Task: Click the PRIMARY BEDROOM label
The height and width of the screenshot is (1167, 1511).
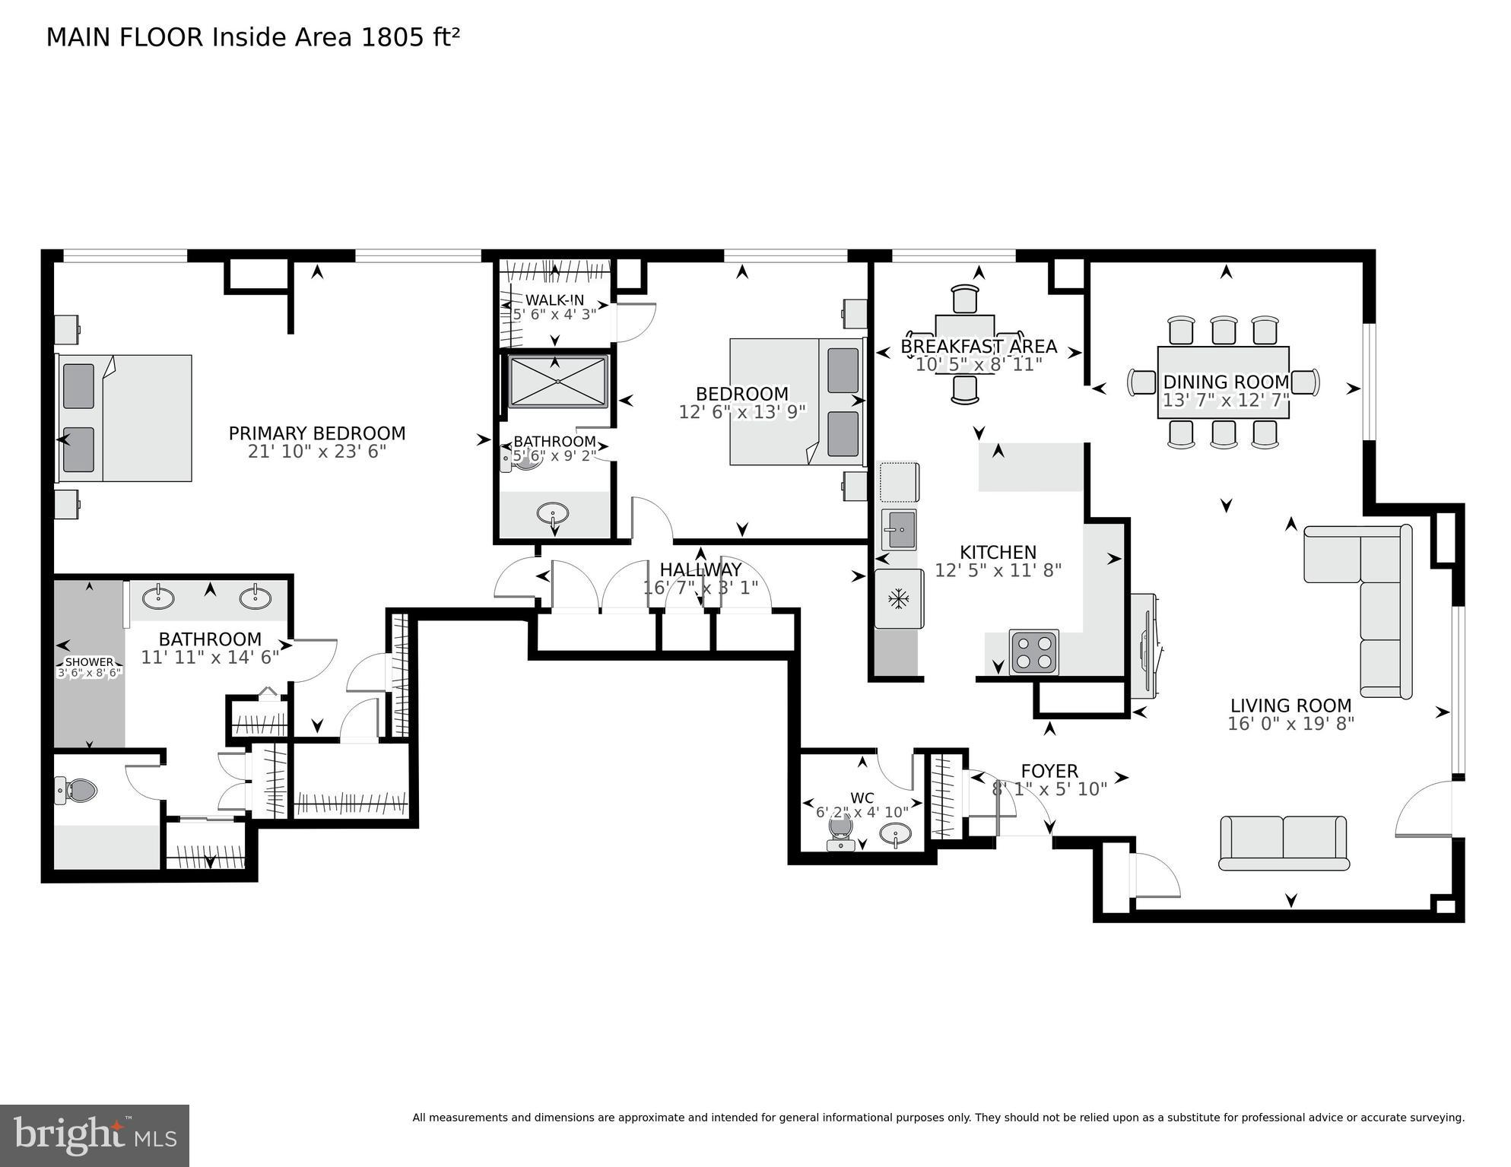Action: coord(317,433)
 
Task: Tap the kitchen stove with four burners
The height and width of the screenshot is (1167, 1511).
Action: coord(1033,652)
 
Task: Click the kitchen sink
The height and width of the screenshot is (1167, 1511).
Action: coord(900,529)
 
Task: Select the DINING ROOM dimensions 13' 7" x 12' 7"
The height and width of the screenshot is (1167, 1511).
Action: coord(1225,401)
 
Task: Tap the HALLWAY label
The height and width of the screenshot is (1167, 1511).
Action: coord(700,569)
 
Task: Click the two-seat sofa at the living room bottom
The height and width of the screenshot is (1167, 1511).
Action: coord(1284,842)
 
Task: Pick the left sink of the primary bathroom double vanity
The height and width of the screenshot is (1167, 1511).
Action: coord(158,598)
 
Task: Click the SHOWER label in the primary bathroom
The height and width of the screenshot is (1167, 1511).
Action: coord(89,662)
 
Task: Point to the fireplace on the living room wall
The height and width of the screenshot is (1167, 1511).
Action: coord(1147,646)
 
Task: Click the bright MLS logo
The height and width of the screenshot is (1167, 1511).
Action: coord(94,1135)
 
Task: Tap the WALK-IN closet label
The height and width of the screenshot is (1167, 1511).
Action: coord(554,300)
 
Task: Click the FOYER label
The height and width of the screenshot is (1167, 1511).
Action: coord(1049,772)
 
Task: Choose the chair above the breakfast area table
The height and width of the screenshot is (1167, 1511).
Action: coord(964,298)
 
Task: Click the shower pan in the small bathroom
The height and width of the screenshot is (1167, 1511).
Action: coord(557,381)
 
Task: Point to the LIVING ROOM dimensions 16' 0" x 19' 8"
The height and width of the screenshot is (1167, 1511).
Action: coord(1290,724)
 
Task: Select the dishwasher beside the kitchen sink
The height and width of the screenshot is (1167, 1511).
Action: coord(899,483)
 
